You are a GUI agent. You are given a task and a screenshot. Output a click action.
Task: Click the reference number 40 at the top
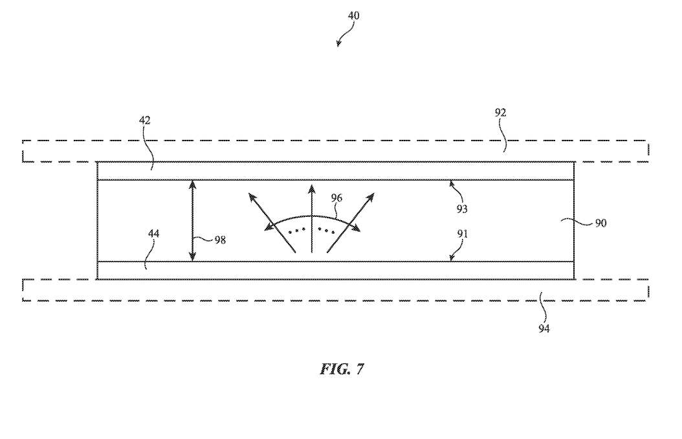354,16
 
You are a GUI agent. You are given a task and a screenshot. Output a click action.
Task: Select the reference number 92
500,113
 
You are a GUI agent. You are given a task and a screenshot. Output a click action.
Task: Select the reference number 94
544,328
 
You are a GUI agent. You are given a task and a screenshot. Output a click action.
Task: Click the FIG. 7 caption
342,369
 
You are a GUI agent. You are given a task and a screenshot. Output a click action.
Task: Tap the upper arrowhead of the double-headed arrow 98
192,183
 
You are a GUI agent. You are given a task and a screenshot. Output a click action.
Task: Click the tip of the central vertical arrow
311,186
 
